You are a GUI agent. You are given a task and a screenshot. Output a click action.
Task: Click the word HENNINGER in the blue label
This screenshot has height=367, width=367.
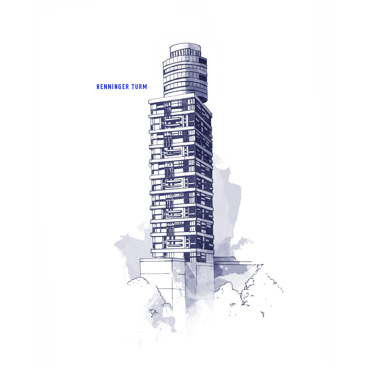113,87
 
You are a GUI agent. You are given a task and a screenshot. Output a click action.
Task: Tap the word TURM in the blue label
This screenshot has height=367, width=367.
139,87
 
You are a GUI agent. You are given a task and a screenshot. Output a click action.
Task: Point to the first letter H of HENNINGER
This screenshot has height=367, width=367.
98,87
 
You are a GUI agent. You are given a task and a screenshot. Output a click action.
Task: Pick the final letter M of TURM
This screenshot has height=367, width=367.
145,87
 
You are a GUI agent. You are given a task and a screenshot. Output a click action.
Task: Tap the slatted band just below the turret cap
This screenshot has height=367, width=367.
185,54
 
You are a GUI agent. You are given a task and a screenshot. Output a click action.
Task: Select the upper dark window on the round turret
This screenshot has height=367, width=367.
203,61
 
